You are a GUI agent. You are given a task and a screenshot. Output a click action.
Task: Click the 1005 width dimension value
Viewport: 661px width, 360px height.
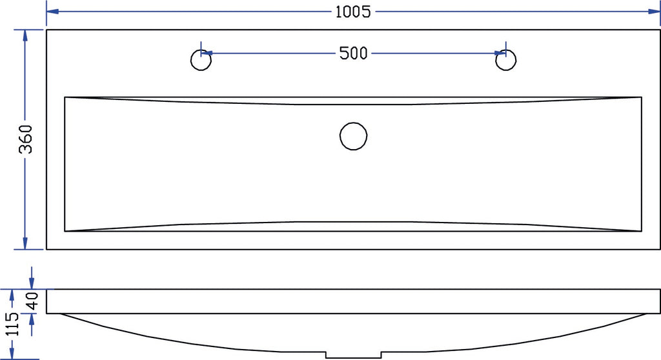pos(353,12)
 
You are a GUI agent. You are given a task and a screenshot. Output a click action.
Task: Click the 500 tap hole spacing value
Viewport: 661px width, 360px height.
pos(353,53)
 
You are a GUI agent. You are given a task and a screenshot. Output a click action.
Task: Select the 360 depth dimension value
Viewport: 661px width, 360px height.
pos(25,139)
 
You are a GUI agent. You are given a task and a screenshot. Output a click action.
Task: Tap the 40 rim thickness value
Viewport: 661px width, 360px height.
pos(32,301)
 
